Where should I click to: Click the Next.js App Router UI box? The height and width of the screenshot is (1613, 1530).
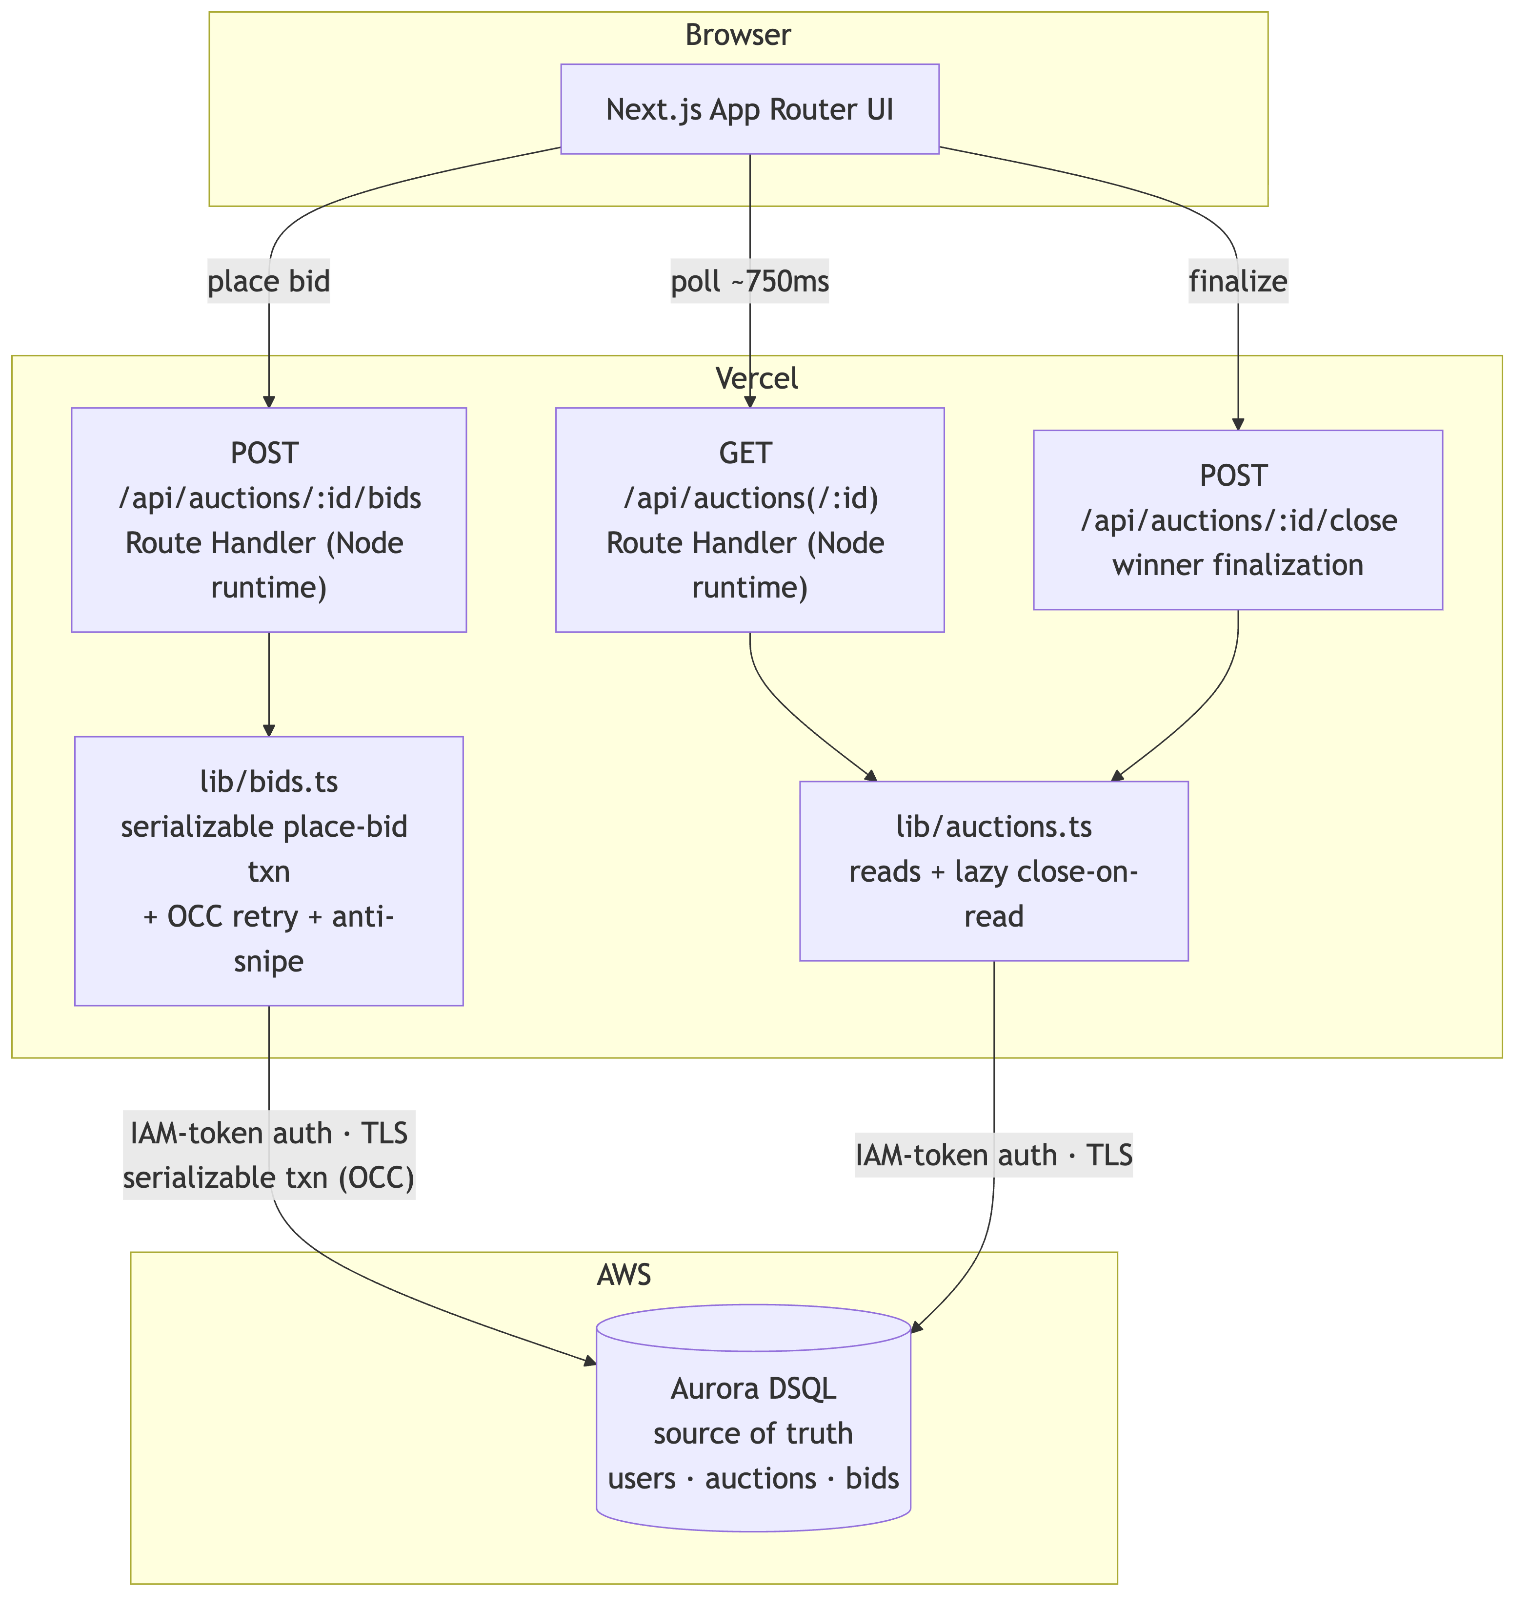[x=749, y=108]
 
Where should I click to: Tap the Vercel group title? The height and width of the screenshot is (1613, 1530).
[x=756, y=378]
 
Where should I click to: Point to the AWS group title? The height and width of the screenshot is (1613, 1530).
[x=624, y=1275]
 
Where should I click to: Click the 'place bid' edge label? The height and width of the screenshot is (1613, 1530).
[x=269, y=282]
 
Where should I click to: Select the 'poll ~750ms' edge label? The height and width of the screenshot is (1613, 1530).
[x=749, y=282]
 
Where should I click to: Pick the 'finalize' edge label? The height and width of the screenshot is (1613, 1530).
[x=1238, y=282]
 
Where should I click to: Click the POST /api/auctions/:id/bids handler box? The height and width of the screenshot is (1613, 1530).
[x=269, y=520]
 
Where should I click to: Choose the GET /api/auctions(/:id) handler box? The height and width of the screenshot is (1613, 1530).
[x=749, y=520]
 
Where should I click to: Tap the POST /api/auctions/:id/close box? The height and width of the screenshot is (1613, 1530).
[x=1238, y=520]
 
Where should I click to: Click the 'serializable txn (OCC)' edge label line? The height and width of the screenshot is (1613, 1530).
[x=269, y=1178]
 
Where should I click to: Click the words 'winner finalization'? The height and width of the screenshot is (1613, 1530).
[x=1238, y=564]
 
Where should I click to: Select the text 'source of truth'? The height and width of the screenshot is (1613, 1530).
[x=754, y=1433]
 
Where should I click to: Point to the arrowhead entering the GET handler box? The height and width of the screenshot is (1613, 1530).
[x=749, y=401]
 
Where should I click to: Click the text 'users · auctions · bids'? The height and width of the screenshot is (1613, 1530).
[x=754, y=1478]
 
